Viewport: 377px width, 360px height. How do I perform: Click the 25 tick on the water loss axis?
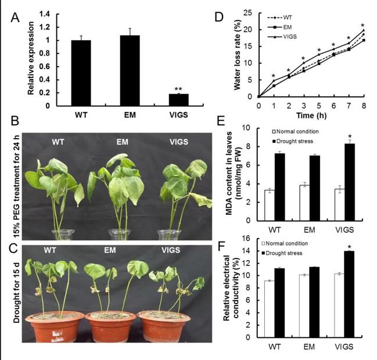[250, 12]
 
